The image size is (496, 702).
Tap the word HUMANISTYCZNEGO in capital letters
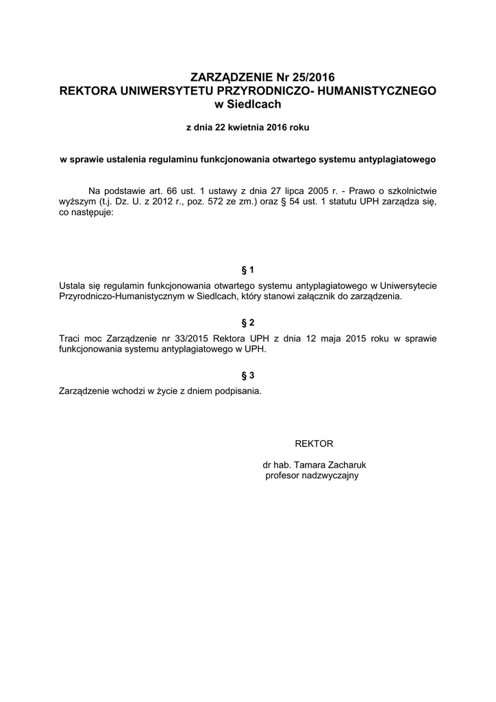(376, 90)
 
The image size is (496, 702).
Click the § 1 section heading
(248, 269)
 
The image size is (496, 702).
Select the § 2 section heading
(248, 322)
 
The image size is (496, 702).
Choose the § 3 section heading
(248, 375)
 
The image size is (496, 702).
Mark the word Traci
(71, 339)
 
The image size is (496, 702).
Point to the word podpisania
(238, 391)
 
